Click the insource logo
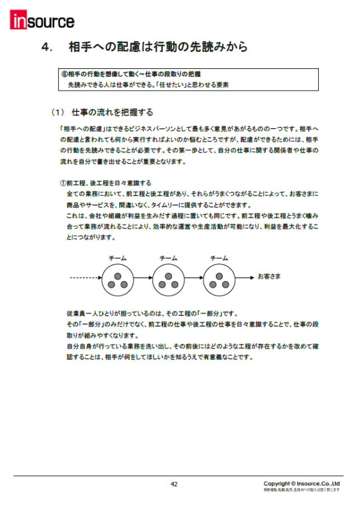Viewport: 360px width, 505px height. (42, 21)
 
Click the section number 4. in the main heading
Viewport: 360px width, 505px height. (50, 47)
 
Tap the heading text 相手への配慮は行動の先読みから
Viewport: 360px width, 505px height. (159, 47)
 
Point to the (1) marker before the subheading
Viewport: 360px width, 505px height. (57, 112)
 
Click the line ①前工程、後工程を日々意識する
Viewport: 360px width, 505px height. (105, 183)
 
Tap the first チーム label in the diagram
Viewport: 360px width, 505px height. (117, 259)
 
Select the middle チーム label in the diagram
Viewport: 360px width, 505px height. (168, 259)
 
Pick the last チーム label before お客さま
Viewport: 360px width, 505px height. (218, 259)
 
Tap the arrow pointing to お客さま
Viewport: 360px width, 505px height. (244, 279)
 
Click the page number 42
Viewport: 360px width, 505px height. (174, 484)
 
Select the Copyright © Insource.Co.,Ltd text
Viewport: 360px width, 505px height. (301, 483)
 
